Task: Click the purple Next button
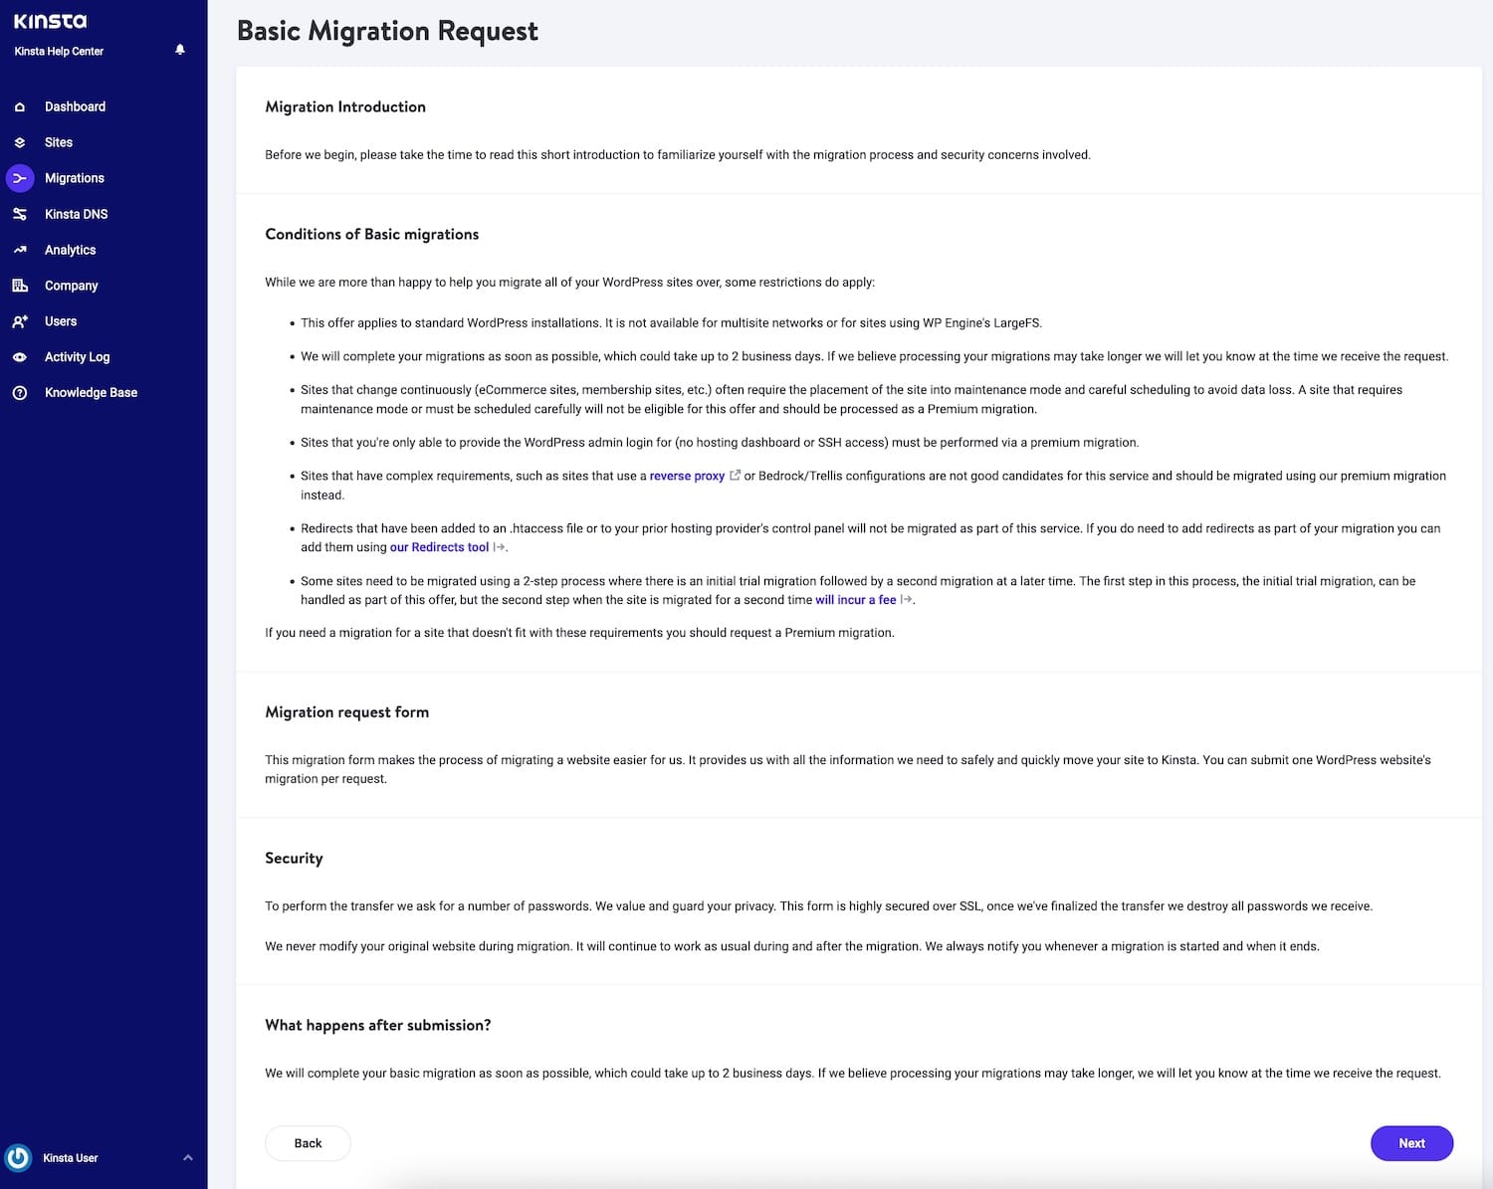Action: [1411, 1143]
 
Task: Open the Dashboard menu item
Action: [75, 106]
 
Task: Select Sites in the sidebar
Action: [59, 142]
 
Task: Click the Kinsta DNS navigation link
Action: [76, 214]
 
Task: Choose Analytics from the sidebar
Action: [70, 250]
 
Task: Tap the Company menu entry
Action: [71, 286]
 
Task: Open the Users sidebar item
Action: [61, 321]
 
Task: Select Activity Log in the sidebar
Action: [77, 357]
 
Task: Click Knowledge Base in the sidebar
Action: [91, 393]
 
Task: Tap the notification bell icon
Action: [180, 50]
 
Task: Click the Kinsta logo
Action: [50, 21]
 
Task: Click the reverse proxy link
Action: [687, 476]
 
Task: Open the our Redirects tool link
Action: [439, 547]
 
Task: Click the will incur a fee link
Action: [855, 600]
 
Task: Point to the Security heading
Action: [294, 858]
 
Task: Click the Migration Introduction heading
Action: [345, 106]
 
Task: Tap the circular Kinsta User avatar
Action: [18, 1158]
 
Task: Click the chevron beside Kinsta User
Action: [188, 1158]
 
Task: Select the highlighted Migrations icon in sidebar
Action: [20, 178]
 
